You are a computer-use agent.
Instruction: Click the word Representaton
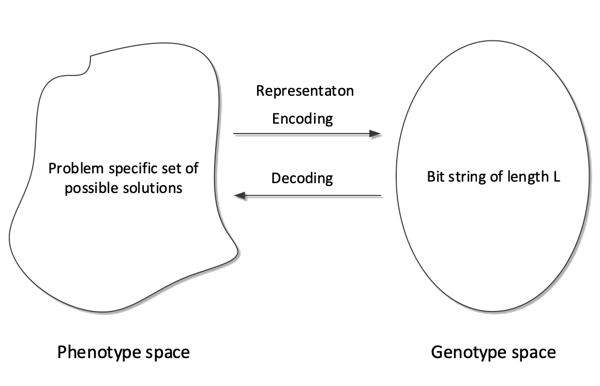click(x=305, y=91)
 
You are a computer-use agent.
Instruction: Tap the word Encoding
click(x=303, y=118)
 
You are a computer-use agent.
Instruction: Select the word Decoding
click(x=302, y=179)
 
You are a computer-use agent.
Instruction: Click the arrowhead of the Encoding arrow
click(x=376, y=134)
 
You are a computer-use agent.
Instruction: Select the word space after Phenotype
click(x=167, y=353)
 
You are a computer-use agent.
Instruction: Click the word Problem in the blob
click(x=70, y=169)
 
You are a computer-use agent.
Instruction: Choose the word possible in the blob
click(x=88, y=187)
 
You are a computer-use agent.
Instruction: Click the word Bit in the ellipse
click(x=434, y=177)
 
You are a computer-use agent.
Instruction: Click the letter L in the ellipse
click(x=557, y=177)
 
